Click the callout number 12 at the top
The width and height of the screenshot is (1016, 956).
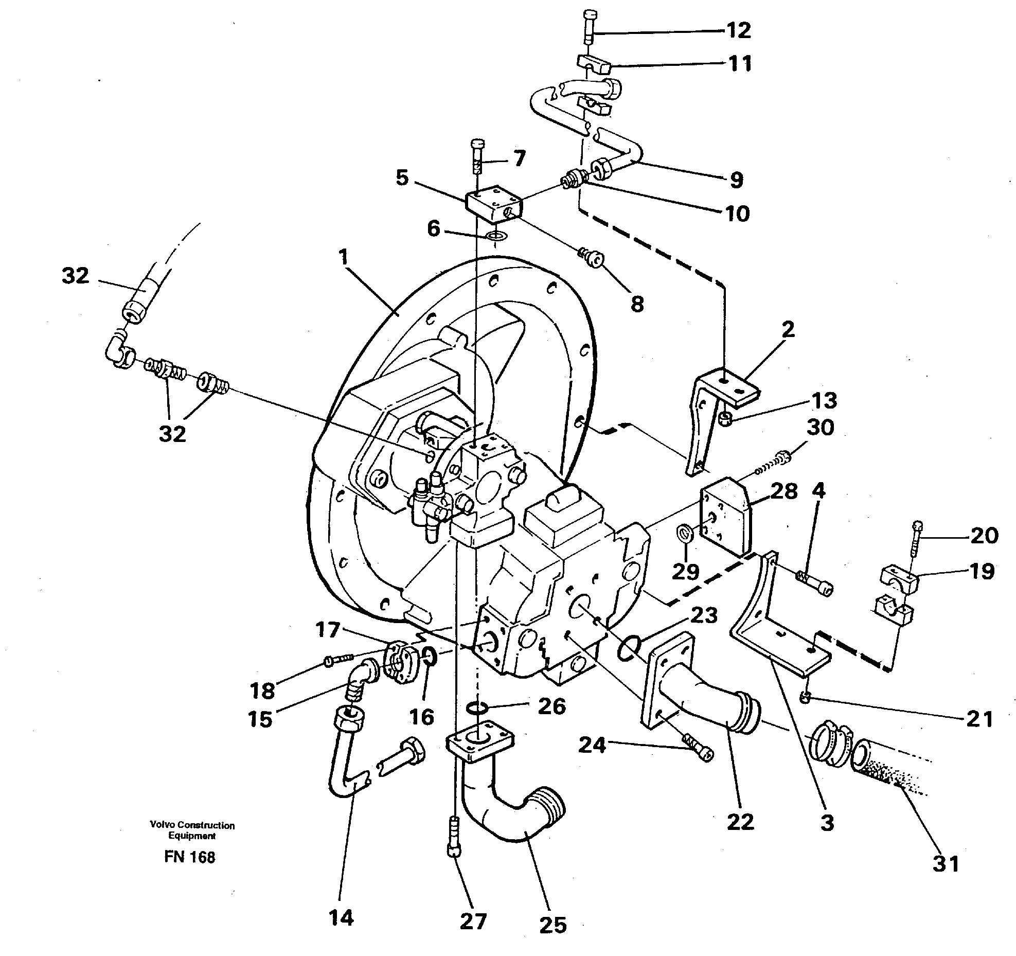click(x=738, y=31)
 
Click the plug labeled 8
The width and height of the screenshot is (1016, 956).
click(x=593, y=257)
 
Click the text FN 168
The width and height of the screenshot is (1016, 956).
click(x=190, y=857)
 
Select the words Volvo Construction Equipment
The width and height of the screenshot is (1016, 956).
click(x=192, y=830)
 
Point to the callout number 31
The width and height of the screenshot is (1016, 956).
click(x=946, y=863)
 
